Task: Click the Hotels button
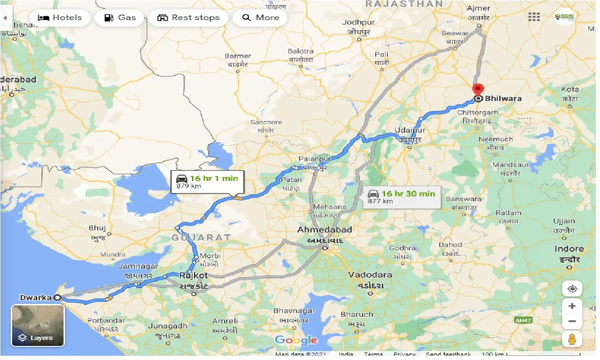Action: [59, 18]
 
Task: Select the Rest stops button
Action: [188, 18]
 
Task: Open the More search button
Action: [261, 18]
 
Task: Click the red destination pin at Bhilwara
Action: [478, 90]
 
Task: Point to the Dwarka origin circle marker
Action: [57, 297]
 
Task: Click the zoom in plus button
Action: [572, 306]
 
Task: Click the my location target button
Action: [572, 288]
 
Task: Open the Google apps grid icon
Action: [534, 17]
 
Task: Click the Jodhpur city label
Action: [358, 22]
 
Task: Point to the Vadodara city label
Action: [370, 274]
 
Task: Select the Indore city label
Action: [569, 249]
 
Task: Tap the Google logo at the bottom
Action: [296, 340]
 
